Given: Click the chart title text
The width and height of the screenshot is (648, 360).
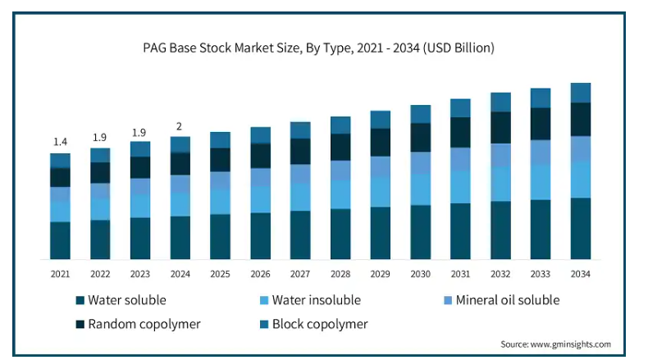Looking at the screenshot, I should point(319,48).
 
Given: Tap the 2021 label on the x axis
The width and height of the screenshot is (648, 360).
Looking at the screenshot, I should point(60,273).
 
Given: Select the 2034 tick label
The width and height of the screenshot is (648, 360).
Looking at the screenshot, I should point(581,273).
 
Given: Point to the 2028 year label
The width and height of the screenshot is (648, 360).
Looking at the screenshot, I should point(340,273).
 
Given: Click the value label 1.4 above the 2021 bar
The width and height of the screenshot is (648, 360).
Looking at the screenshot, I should point(60,142).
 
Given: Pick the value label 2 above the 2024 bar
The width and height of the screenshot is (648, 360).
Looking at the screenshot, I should point(180,125).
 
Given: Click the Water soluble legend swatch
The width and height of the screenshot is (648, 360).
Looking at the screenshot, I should point(80,300).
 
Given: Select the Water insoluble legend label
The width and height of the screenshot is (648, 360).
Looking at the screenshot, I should point(317,300).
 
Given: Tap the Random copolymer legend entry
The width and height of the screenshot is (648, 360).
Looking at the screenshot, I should point(144,323).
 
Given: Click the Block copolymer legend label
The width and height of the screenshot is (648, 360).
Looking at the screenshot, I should point(320,323).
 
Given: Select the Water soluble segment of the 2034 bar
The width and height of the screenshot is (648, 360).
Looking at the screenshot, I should point(581,229).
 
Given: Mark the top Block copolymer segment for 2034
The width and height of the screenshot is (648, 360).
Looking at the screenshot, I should point(581,93).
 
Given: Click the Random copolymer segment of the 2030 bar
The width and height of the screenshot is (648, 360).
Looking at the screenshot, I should point(421,137).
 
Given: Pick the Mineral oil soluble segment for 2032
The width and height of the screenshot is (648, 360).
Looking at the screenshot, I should point(500,155).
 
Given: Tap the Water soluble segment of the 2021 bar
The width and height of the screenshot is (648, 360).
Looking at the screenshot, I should point(60,240).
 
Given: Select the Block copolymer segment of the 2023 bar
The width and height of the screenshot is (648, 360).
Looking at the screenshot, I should point(140,148).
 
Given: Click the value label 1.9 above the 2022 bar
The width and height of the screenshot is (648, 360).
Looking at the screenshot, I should point(100,137).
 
